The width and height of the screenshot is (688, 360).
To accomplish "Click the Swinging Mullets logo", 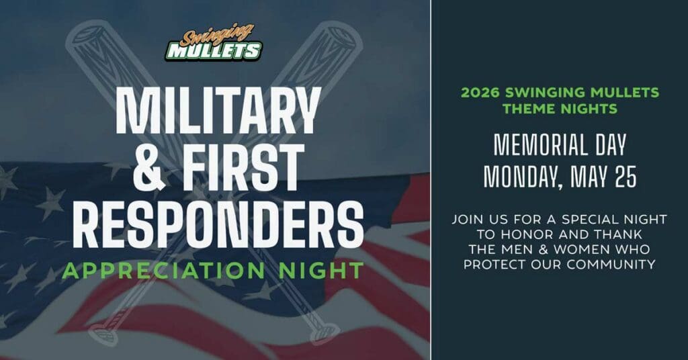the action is [x=214, y=43].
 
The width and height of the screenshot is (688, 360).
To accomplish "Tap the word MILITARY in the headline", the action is [x=217, y=111].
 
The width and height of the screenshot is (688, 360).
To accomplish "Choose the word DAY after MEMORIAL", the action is [x=610, y=145].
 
